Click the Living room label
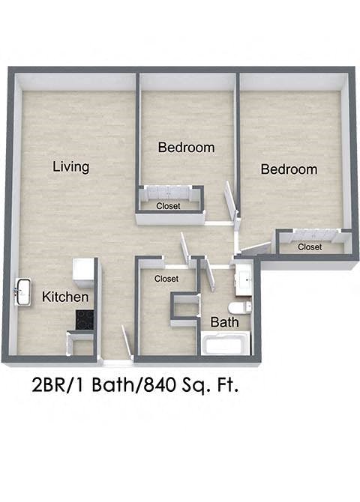click(x=71, y=166)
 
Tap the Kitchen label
click(x=65, y=297)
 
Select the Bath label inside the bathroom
click(x=224, y=322)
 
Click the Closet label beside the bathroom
click(x=166, y=279)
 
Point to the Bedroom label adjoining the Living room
click(x=186, y=148)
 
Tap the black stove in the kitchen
click(x=83, y=321)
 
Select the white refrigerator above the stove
click(x=82, y=271)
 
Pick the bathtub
click(x=224, y=345)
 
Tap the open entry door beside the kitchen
click(x=126, y=341)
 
